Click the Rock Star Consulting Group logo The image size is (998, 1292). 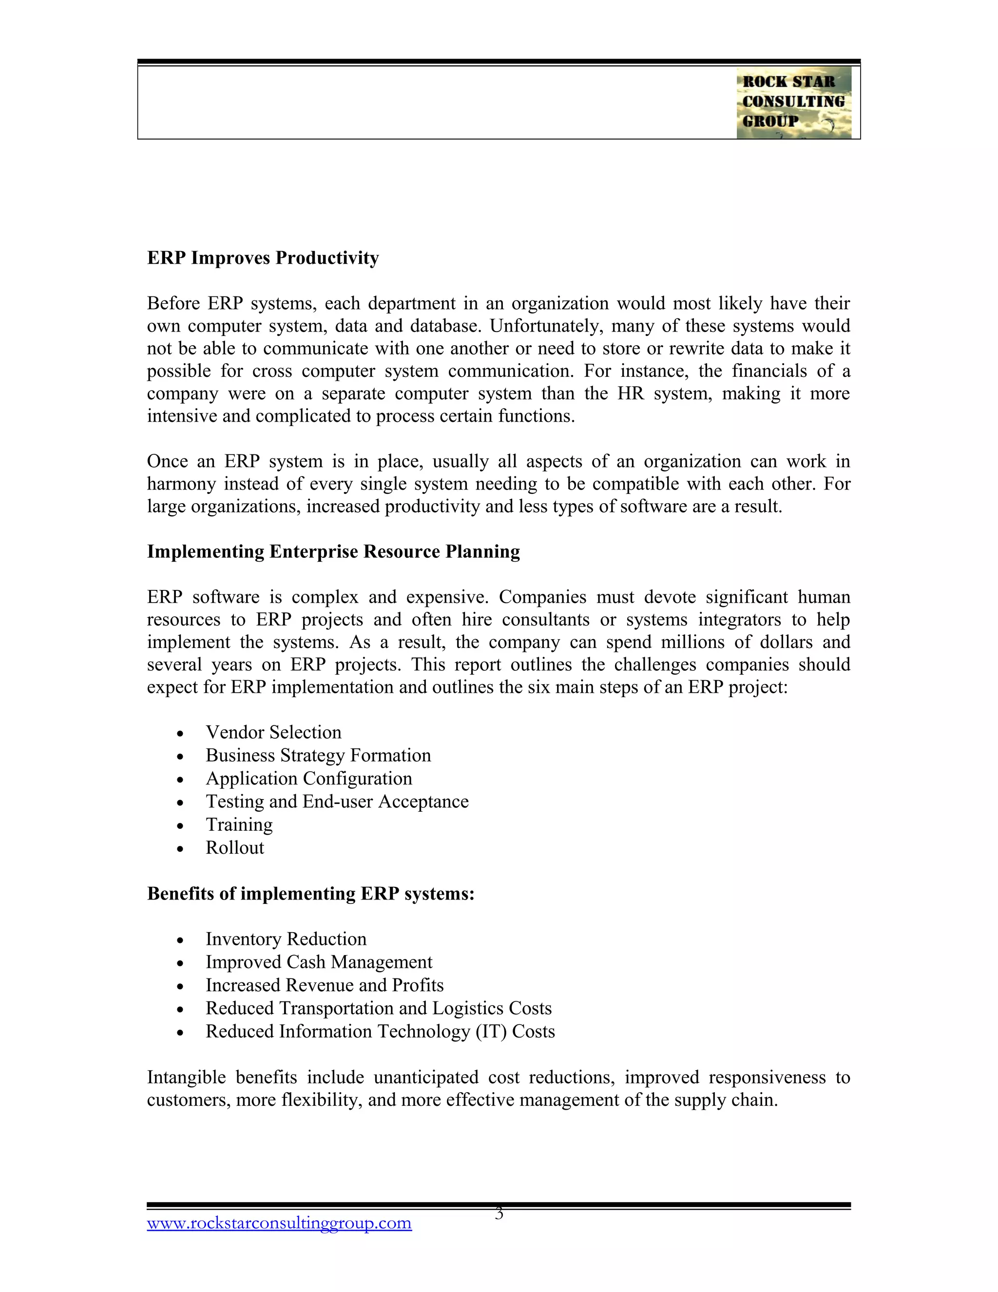pos(793,102)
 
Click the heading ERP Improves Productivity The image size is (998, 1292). pos(263,258)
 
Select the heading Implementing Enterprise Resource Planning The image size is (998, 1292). pos(333,551)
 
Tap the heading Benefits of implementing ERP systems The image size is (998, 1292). pos(310,893)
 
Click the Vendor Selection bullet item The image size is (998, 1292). pos(273,732)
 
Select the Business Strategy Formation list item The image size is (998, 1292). pos(318,755)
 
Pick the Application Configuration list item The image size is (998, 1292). pos(308,779)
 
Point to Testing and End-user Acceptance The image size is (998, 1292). pos(337,802)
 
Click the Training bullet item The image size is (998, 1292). pos(239,824)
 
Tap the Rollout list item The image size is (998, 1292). pos(235,848)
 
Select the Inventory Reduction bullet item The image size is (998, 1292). pos(286,940)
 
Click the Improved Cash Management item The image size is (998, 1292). pos(319,962)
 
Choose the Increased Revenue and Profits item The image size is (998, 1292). pos(325,985)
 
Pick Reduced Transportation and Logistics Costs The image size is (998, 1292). pos(378,1009)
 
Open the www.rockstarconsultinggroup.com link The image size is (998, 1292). pos(279,1223)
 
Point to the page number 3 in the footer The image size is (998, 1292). pos(499,1214)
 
